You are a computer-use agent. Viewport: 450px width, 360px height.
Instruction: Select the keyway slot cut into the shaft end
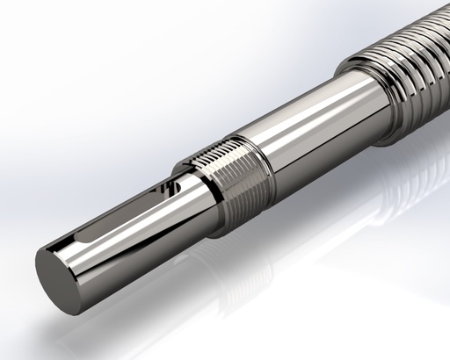coord(123,215)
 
